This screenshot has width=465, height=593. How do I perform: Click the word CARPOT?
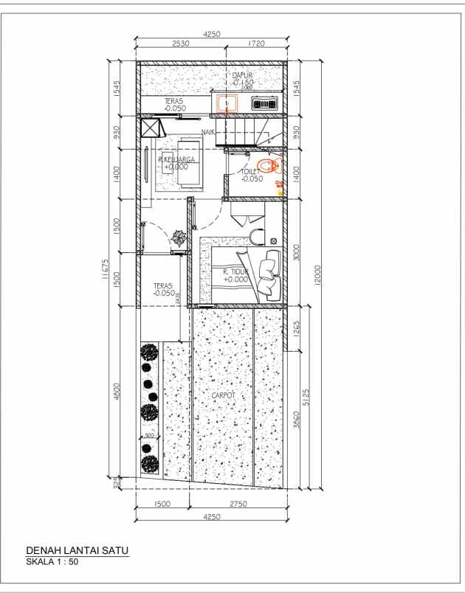222,395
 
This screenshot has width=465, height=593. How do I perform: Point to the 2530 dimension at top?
181,44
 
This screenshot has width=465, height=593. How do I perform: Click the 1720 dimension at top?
255,44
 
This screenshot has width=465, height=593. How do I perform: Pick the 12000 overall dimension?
317,272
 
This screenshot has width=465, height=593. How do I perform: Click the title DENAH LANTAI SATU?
77,552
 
